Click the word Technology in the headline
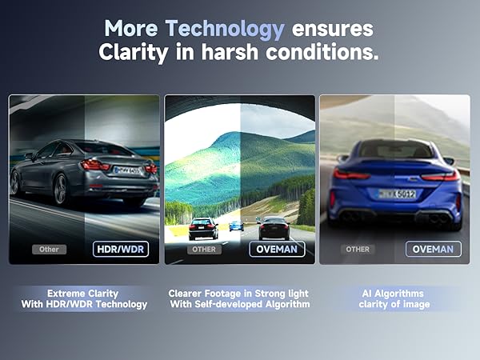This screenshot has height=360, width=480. click(224, 29)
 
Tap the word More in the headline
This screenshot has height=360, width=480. click(131, 29)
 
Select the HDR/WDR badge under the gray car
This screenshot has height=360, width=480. click(121, 249)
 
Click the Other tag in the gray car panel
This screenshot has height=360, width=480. click(49, 249)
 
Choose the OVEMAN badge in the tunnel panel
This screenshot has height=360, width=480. click(277, 249)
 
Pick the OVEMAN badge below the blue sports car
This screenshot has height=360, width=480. click(433, 249)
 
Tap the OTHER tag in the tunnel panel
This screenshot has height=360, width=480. click(203, 249)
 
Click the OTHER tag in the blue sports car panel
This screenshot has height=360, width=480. click(358, 249)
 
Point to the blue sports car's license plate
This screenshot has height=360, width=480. click(397, 194)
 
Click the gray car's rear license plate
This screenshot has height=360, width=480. click(127, 170)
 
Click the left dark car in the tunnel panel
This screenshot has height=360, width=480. click(203, 228)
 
